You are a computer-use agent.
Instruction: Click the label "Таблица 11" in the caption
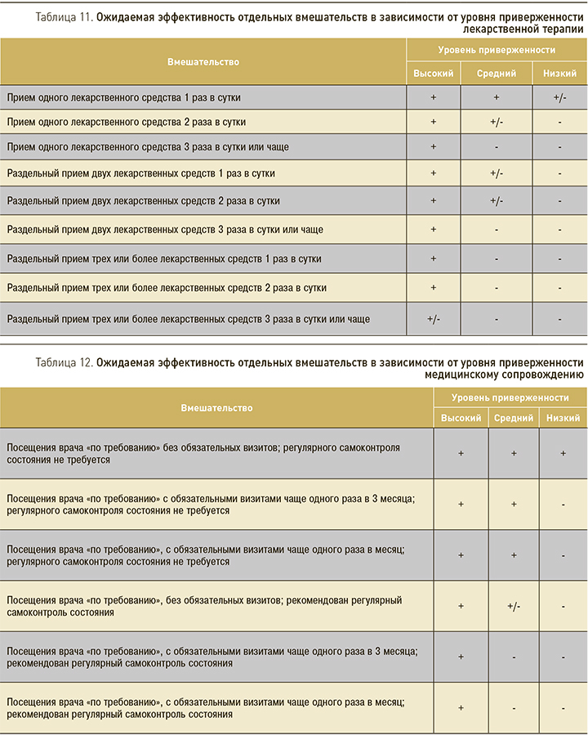(x=64, y=16)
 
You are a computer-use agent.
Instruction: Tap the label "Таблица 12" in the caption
(x=64, y=361)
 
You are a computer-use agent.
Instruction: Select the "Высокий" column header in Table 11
(x=434, y=73)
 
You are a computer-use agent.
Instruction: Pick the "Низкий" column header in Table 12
(x=563, y=417)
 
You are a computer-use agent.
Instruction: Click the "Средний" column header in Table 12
(x=514, y=417)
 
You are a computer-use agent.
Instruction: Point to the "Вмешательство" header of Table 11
(x=203, y=61)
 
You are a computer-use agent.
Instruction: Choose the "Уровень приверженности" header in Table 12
(x=510, y=397)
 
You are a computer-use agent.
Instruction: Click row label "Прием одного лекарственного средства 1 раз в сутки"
(x=124, y=97)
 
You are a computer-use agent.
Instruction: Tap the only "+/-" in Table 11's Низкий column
(x=559, y=97)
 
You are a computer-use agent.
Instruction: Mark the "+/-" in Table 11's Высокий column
(x=434, y=319)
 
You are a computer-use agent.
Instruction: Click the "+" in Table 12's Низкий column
(x=563, y=453)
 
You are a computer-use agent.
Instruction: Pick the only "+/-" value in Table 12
(x=514, y=606)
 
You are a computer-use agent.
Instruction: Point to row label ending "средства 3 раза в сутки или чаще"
(x=148, y=147)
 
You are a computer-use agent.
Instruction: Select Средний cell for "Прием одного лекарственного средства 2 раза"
(x=497, y=122)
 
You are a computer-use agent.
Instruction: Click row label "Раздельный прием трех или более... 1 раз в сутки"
(x=164, y=259)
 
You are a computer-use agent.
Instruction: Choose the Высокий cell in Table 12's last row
(x=461, y=708)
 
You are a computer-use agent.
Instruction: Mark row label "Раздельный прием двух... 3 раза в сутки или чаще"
(x=165, y=230)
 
